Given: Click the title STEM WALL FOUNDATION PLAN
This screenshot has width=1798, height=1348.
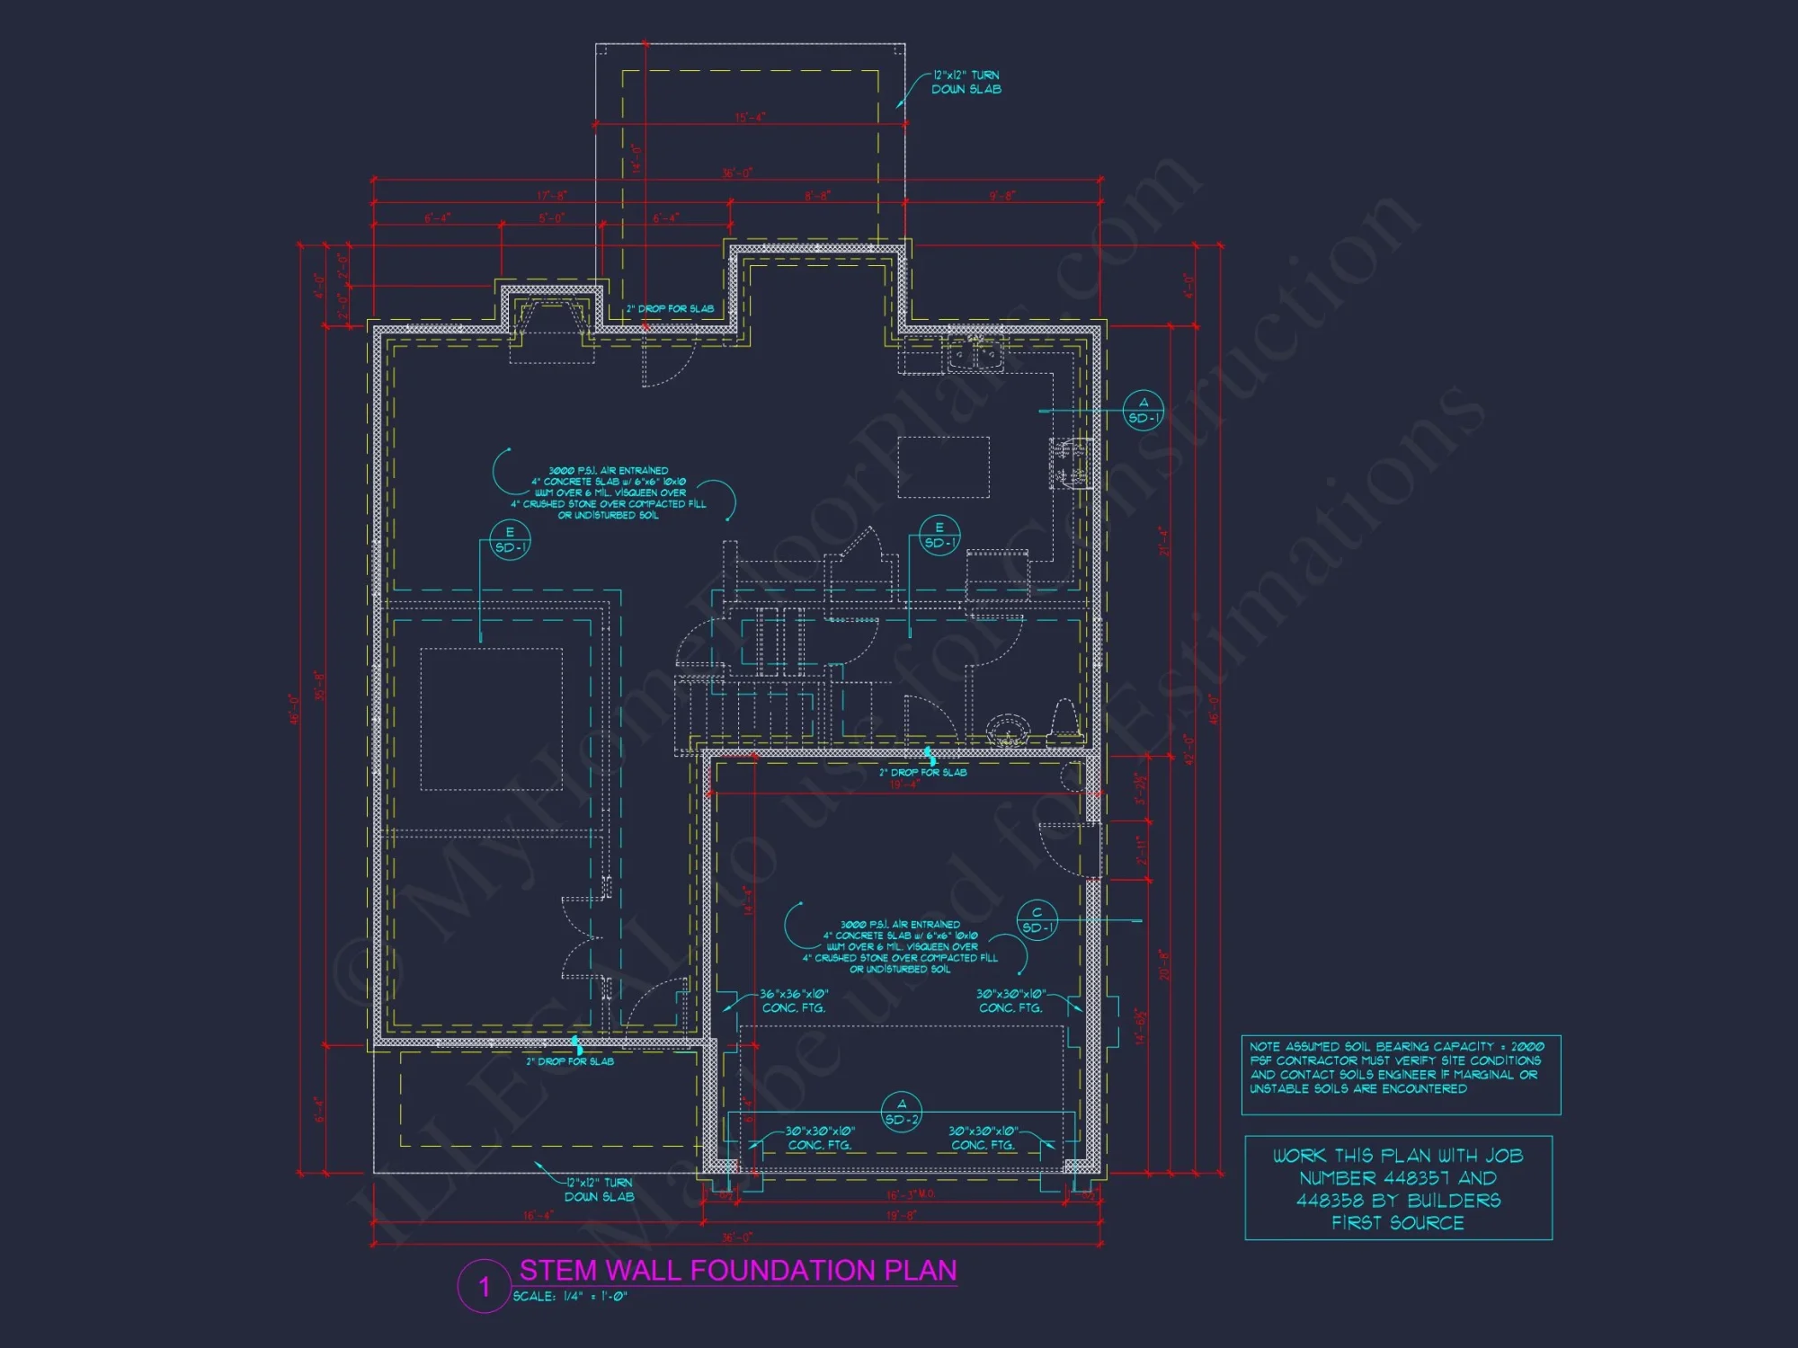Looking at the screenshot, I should point(737,1270).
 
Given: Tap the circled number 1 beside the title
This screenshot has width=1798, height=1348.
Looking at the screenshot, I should point(485,1287).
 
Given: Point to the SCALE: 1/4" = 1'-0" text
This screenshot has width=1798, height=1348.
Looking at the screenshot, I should point(570,1297).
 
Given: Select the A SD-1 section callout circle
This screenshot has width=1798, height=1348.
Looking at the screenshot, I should point(1144,411).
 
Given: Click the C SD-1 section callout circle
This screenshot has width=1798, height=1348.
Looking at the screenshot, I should point(1037,920).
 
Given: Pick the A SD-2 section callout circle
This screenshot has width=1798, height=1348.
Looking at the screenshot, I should point(902,1113).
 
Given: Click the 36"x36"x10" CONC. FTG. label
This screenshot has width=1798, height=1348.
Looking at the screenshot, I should point(793,1001).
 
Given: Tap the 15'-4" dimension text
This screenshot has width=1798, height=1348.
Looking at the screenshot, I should point(750,118).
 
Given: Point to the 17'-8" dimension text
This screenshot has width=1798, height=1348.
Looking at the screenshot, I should point(552,196).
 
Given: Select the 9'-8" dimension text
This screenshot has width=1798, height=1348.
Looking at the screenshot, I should point(1002,196).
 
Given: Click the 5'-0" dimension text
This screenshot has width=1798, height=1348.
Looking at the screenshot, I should point(552,218).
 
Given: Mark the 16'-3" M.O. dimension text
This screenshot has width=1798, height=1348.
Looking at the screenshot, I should point(911,1195).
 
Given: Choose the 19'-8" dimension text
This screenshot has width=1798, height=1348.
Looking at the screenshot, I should point(902,1215).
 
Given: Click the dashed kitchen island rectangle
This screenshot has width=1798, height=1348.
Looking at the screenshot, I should point(943,466).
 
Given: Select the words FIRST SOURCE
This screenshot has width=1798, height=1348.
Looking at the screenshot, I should point(1398,1223).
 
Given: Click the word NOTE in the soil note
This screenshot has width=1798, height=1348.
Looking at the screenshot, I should point(1264,1047).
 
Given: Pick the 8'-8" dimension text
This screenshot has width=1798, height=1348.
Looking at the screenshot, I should point(817,196).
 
